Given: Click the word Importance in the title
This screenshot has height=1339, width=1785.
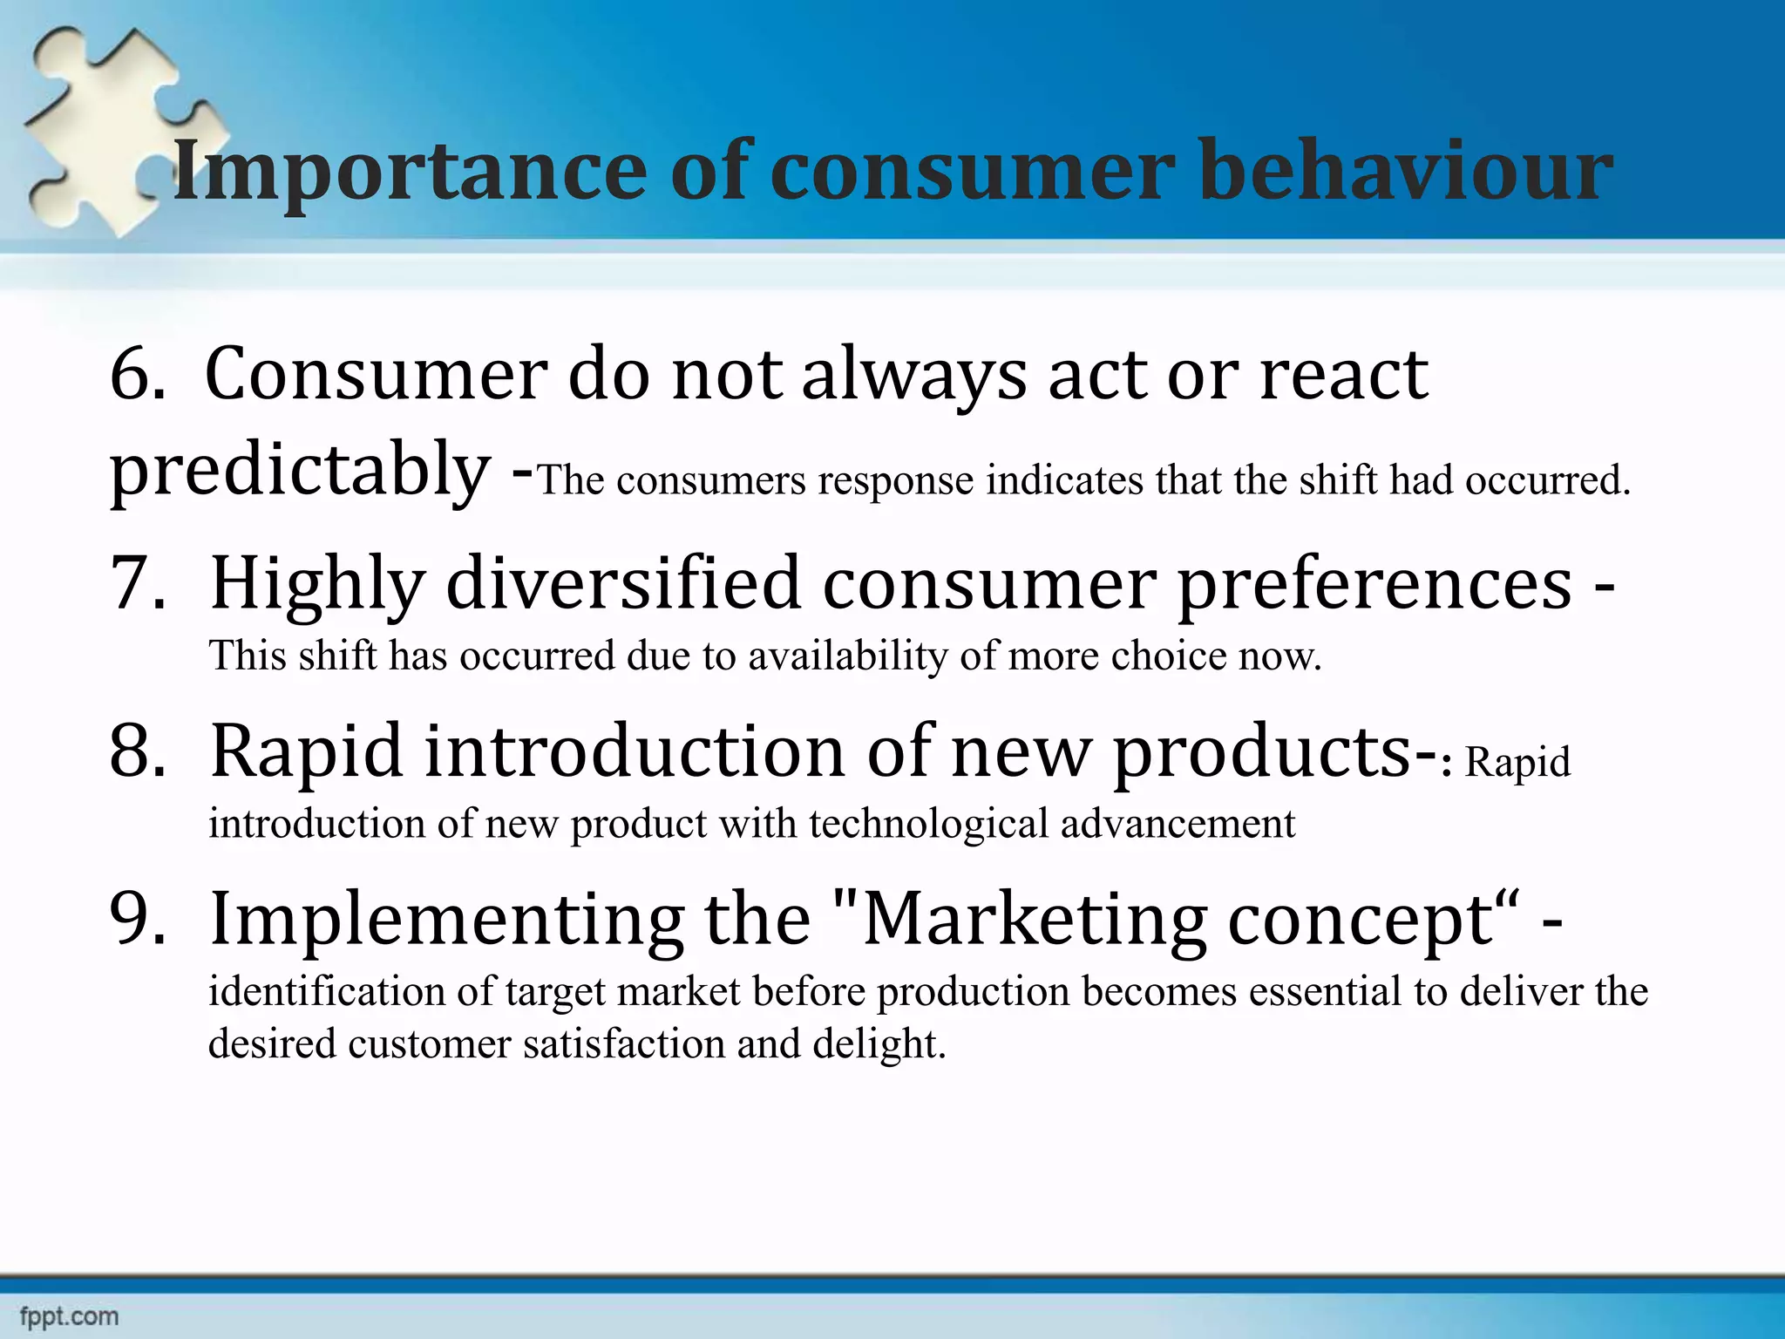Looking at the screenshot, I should [410, 172].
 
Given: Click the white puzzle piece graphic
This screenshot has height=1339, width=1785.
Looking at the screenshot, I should [113, 131].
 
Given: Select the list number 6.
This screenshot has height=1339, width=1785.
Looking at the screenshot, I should [137, 375].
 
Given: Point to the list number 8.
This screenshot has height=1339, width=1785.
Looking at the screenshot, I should [137, 751].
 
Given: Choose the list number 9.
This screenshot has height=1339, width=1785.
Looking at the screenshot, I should [137, 919].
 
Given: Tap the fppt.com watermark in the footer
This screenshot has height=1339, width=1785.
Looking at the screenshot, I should [69, 1316].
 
